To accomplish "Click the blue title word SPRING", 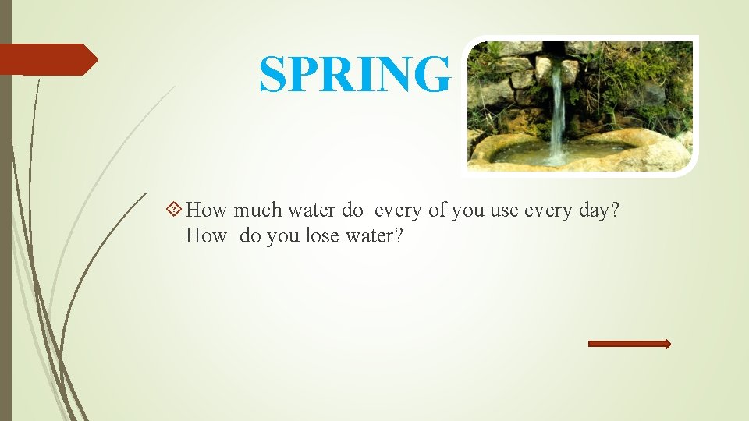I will point(355,75).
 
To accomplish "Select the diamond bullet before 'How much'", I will point(176,209).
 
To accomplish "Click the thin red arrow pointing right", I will point(629,344).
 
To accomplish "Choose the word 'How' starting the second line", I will point(206,235).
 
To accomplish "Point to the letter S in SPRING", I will point(273,75).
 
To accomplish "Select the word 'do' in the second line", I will point(250,235).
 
